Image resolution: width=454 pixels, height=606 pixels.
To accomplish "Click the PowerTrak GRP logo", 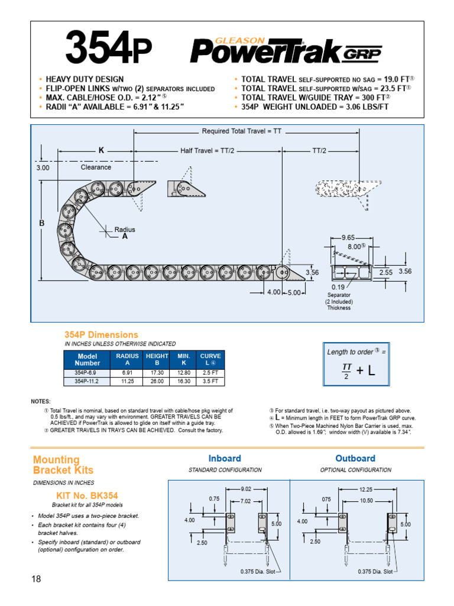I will tap(286, 50).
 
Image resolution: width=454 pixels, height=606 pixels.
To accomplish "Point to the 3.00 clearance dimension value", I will tap(43, 167).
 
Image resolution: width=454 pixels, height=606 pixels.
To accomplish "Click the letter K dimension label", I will tap(101, 151).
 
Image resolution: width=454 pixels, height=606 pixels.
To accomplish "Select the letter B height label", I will tap(42, 223).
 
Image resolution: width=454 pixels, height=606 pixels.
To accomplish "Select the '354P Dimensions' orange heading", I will tap(101, 335).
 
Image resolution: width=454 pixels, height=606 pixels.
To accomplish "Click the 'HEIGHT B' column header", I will tap(157, 359).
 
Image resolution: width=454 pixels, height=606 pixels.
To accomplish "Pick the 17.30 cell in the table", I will tap(157, 373).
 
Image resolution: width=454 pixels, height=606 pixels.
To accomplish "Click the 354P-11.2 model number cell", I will tap(87, 382).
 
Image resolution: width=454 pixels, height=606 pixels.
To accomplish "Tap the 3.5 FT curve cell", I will tap(210, 382).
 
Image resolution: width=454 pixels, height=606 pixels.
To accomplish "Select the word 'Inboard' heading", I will tap(225, 459).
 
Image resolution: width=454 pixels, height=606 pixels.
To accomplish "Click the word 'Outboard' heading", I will tap(355, 459).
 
